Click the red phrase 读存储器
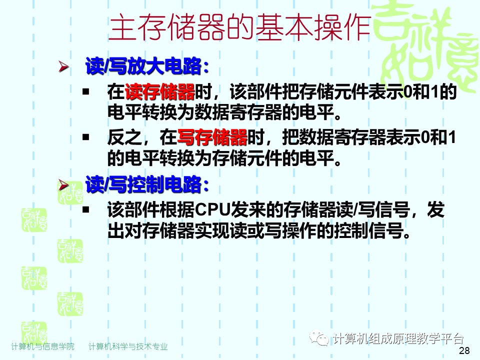[160, 92]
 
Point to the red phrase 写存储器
[212, 136]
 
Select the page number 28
[463, 351]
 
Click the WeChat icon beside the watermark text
[320, 339]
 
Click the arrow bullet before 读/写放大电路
[63, 67]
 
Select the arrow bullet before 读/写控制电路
[63, 185]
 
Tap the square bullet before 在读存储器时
[86, 92]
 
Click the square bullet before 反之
[86, 136]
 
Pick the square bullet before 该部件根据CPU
[86, 209]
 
